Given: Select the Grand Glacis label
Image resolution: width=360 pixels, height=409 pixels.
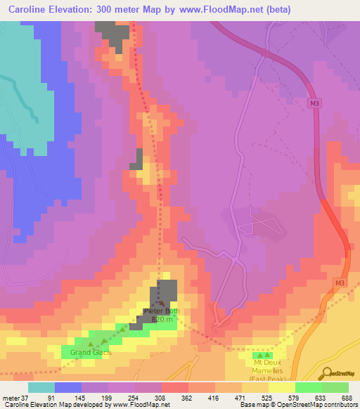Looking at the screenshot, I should pyautogui.click(x=90, y=352).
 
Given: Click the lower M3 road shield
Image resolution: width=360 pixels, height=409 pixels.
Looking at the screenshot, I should pyautogui.click(x=340, y=283).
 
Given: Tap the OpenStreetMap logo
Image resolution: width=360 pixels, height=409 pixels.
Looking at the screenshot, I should pyautogui.click(x=339, y=373).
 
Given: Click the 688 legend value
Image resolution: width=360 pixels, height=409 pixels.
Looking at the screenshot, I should pyautogui.click(x=346, y=398).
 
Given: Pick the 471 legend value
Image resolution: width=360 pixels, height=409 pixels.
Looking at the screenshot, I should pyautogui.click(x=240, y=398).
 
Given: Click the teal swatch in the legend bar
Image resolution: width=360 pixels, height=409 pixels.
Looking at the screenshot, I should pyautogui.click(x=41, y=387).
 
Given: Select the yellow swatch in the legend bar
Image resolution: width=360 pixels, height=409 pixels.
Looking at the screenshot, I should pyautogui.click(x=281, y=387).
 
